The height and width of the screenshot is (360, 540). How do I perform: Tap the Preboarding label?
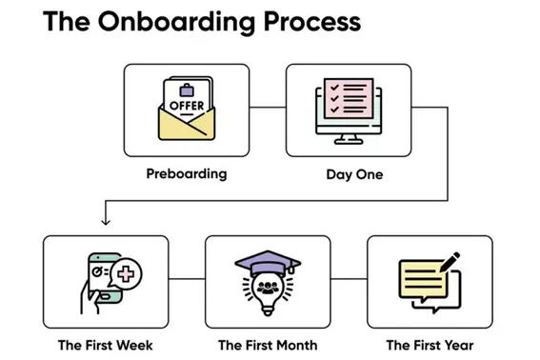(187, 174)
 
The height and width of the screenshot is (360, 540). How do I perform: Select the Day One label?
(349, 174)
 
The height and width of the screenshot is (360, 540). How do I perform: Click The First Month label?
(268, 345)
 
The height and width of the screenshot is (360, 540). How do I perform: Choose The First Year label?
(430, 345)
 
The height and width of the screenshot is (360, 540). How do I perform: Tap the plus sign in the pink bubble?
(124, 276)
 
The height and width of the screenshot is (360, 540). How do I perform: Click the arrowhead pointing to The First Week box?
(105, 222)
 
